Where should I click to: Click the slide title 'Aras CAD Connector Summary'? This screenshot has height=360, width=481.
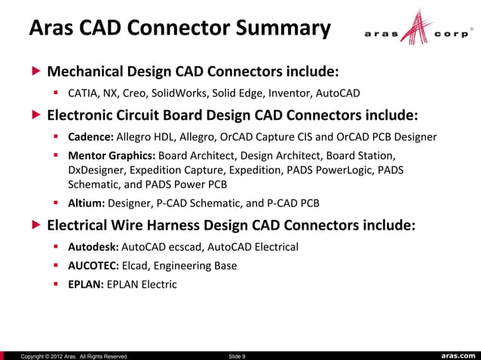coord(179,29)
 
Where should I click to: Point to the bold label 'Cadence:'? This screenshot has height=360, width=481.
coord(90,137)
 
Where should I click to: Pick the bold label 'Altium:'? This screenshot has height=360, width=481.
coord(87,203)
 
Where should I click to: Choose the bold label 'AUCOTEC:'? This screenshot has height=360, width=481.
coord(93,265)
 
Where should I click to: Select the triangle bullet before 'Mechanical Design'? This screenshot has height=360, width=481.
coord(35,72)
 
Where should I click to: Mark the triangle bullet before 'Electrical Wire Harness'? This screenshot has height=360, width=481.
coord(35,225)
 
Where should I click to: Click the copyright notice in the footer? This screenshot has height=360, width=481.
coord(74,355)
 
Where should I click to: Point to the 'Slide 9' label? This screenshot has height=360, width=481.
coord(236,355)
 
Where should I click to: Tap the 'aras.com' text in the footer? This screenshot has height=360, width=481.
coord(458,355)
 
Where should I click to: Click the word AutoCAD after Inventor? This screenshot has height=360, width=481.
coord(335,94)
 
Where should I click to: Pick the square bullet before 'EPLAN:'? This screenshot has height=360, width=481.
coord(57,284)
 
